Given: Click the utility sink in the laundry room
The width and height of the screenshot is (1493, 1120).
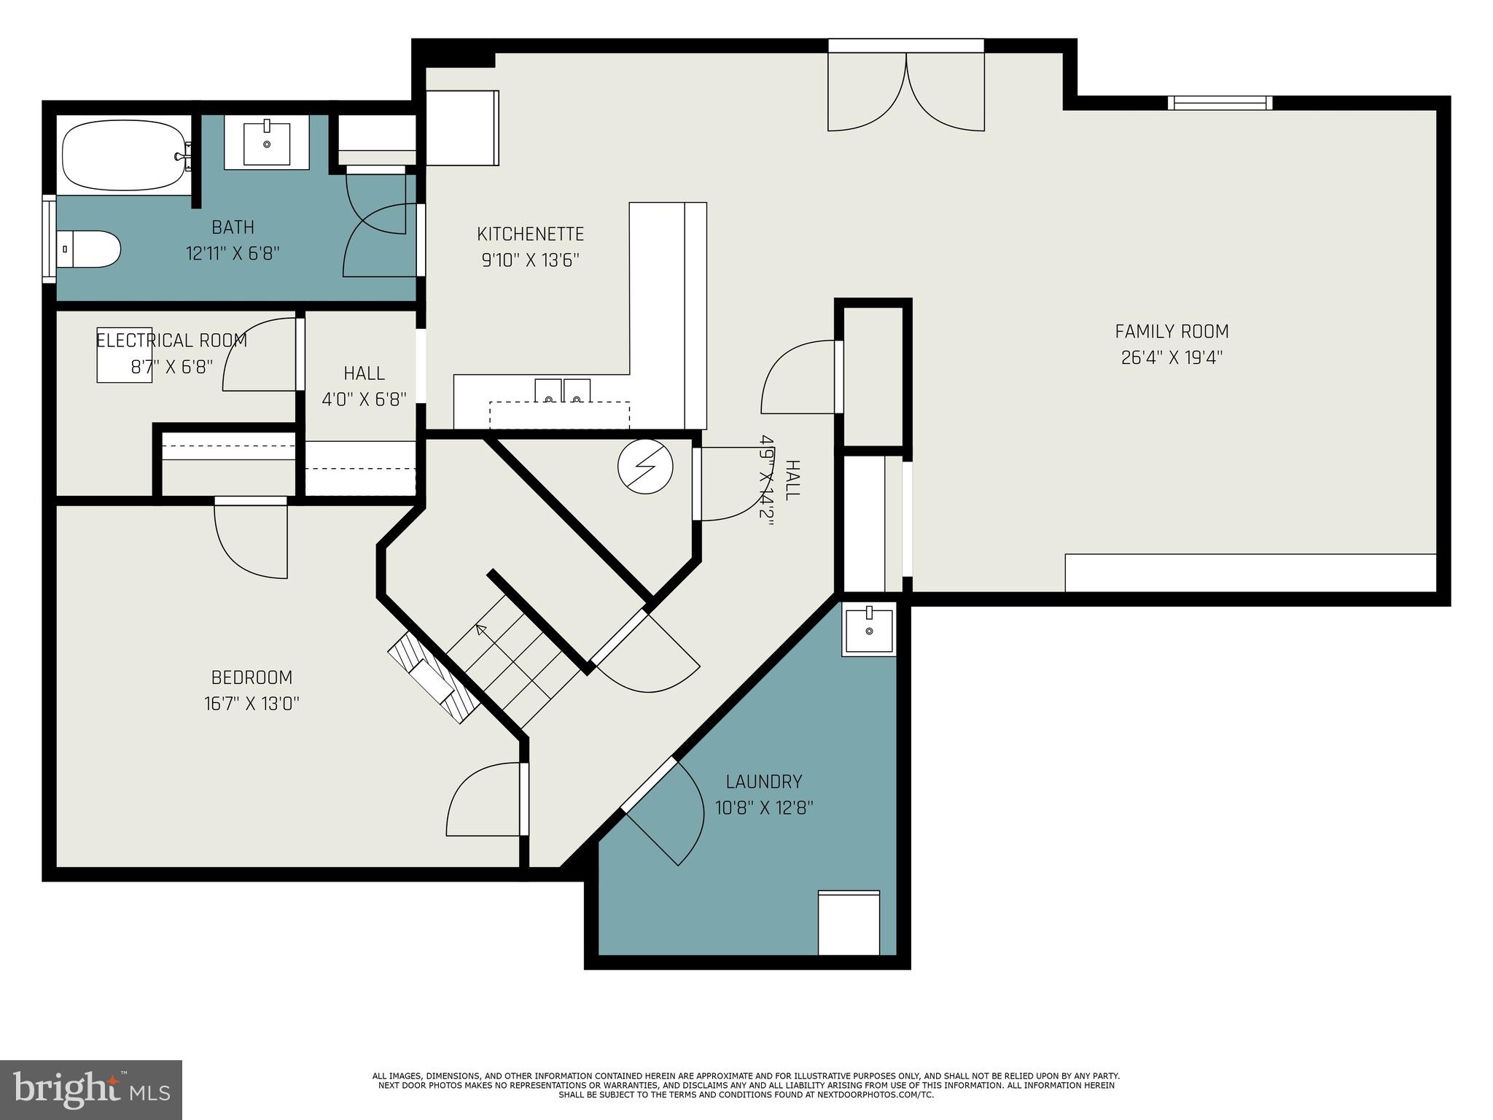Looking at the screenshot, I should [868, 630].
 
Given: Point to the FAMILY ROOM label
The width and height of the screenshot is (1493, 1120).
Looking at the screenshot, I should [1172, 332].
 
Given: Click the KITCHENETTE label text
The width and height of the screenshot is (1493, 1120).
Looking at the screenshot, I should [530, 234].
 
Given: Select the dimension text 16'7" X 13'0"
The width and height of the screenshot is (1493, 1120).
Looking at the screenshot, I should [252, 704].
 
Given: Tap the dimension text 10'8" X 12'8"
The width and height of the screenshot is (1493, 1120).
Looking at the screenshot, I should [764, 808].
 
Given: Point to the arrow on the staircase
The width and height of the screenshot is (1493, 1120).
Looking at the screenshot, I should [481, 629].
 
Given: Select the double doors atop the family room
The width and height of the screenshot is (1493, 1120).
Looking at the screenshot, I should [906, 91].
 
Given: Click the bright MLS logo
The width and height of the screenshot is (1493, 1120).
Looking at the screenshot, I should [91, 1090].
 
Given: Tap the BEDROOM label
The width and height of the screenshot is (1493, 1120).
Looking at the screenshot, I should [252, 677].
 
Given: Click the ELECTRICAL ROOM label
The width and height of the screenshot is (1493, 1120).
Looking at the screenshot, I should [171, 341].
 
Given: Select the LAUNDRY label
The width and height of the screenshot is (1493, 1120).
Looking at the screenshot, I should [764, 782].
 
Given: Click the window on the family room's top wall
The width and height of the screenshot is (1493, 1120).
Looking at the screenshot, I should [1220, 103].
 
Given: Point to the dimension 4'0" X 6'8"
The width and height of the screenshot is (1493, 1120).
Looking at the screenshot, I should [364, 399].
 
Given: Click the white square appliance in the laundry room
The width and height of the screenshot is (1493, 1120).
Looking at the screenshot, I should [849, 922].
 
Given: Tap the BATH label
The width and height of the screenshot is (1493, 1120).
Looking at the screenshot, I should [233, 227].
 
